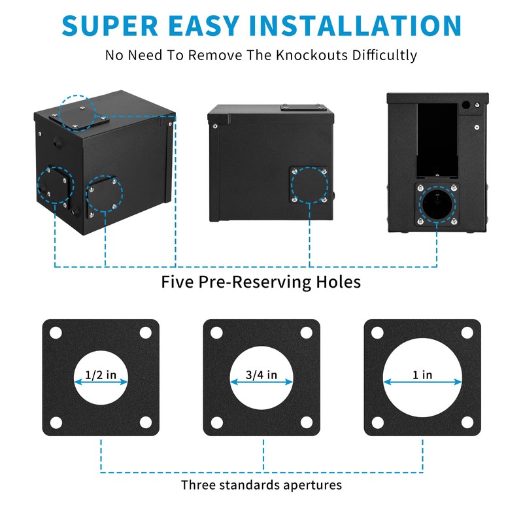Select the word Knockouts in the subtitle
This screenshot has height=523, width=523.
[x=297, y=55]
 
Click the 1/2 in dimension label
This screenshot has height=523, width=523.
[x=101, y=376]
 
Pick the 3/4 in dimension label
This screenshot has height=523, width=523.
[x=261, y=375]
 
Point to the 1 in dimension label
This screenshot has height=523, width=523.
[x=422, y=375]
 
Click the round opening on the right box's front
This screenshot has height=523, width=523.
[x=436, y=206]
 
